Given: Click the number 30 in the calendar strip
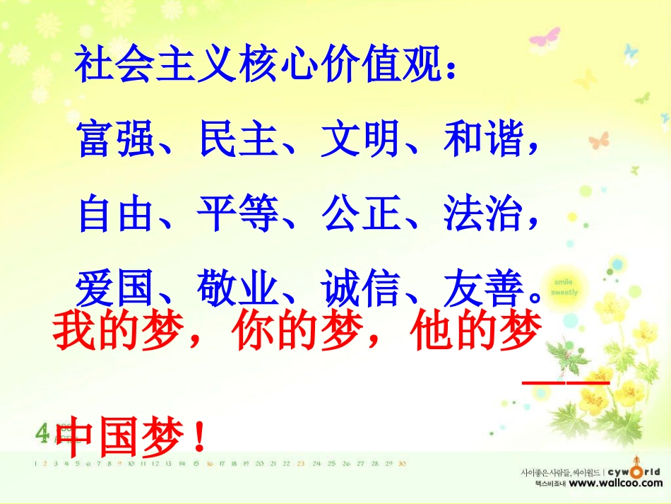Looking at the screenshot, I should pos(402,464).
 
